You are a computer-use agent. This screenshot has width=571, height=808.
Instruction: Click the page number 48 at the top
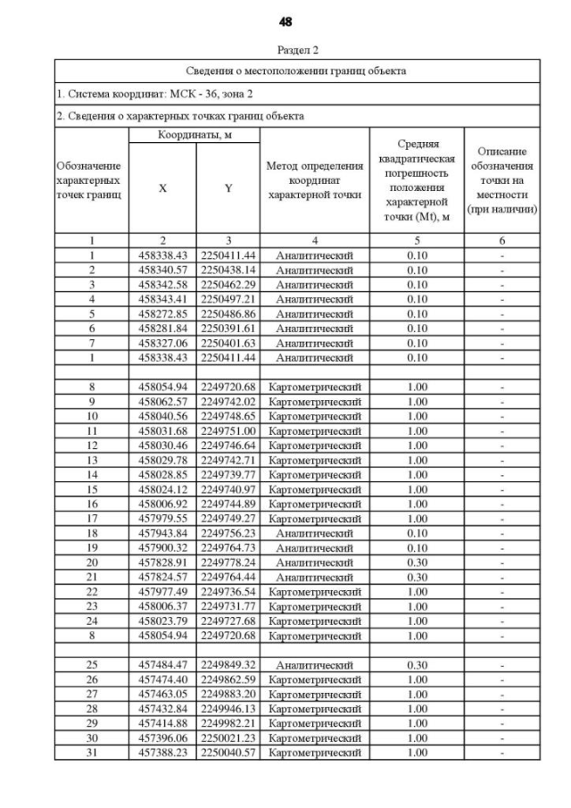(285, 21)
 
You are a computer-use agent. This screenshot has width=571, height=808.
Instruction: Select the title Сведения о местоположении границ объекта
(296, 71)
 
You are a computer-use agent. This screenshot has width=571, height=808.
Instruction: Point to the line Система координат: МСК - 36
(155, 93)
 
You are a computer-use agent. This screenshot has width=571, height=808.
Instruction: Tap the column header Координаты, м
(194, 134)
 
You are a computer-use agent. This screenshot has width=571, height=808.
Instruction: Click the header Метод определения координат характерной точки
(314, 180)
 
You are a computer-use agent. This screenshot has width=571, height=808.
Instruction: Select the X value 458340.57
(162, 269)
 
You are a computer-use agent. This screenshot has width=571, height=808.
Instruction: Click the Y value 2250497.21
(228, 297)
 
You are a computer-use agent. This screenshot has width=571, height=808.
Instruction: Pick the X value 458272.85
(162, 312)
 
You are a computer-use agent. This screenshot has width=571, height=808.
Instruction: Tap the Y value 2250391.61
(228, 326)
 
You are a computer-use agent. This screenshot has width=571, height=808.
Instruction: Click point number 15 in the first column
(91, 489)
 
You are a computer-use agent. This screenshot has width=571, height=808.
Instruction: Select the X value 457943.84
(162, 532)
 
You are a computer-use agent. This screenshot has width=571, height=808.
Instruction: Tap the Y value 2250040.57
(228, 753)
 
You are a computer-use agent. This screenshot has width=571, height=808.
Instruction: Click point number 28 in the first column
(91, 709)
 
